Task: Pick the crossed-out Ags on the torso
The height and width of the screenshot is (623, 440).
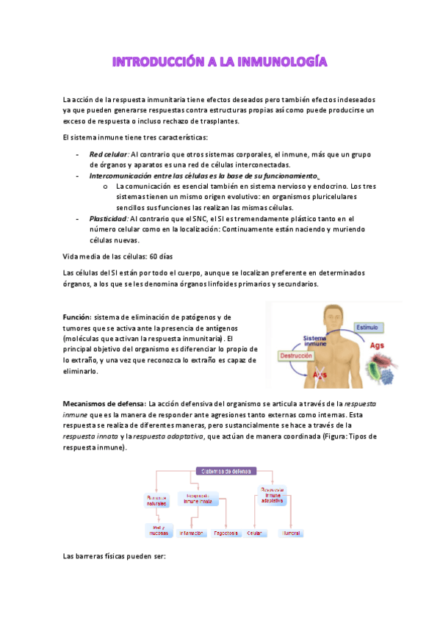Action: click(320, 375)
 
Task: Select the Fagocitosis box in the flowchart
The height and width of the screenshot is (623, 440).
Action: click(226, 533)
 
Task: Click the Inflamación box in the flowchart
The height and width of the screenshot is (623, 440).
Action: click(191, 533)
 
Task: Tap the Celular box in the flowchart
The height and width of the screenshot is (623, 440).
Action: click(255, 533)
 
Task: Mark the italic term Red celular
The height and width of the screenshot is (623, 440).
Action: click(109, 154)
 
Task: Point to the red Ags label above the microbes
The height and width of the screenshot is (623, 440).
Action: click(377, 345)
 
